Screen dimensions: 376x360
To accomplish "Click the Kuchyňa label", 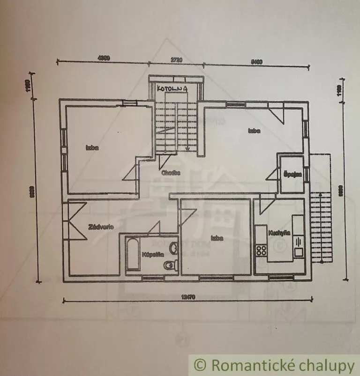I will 279,233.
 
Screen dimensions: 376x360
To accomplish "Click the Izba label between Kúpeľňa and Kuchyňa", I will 216,238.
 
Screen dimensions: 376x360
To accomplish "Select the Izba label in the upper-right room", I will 254,131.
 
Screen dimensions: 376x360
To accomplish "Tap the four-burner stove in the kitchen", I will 261,250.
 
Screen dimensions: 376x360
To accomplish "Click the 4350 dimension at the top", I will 103,58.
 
